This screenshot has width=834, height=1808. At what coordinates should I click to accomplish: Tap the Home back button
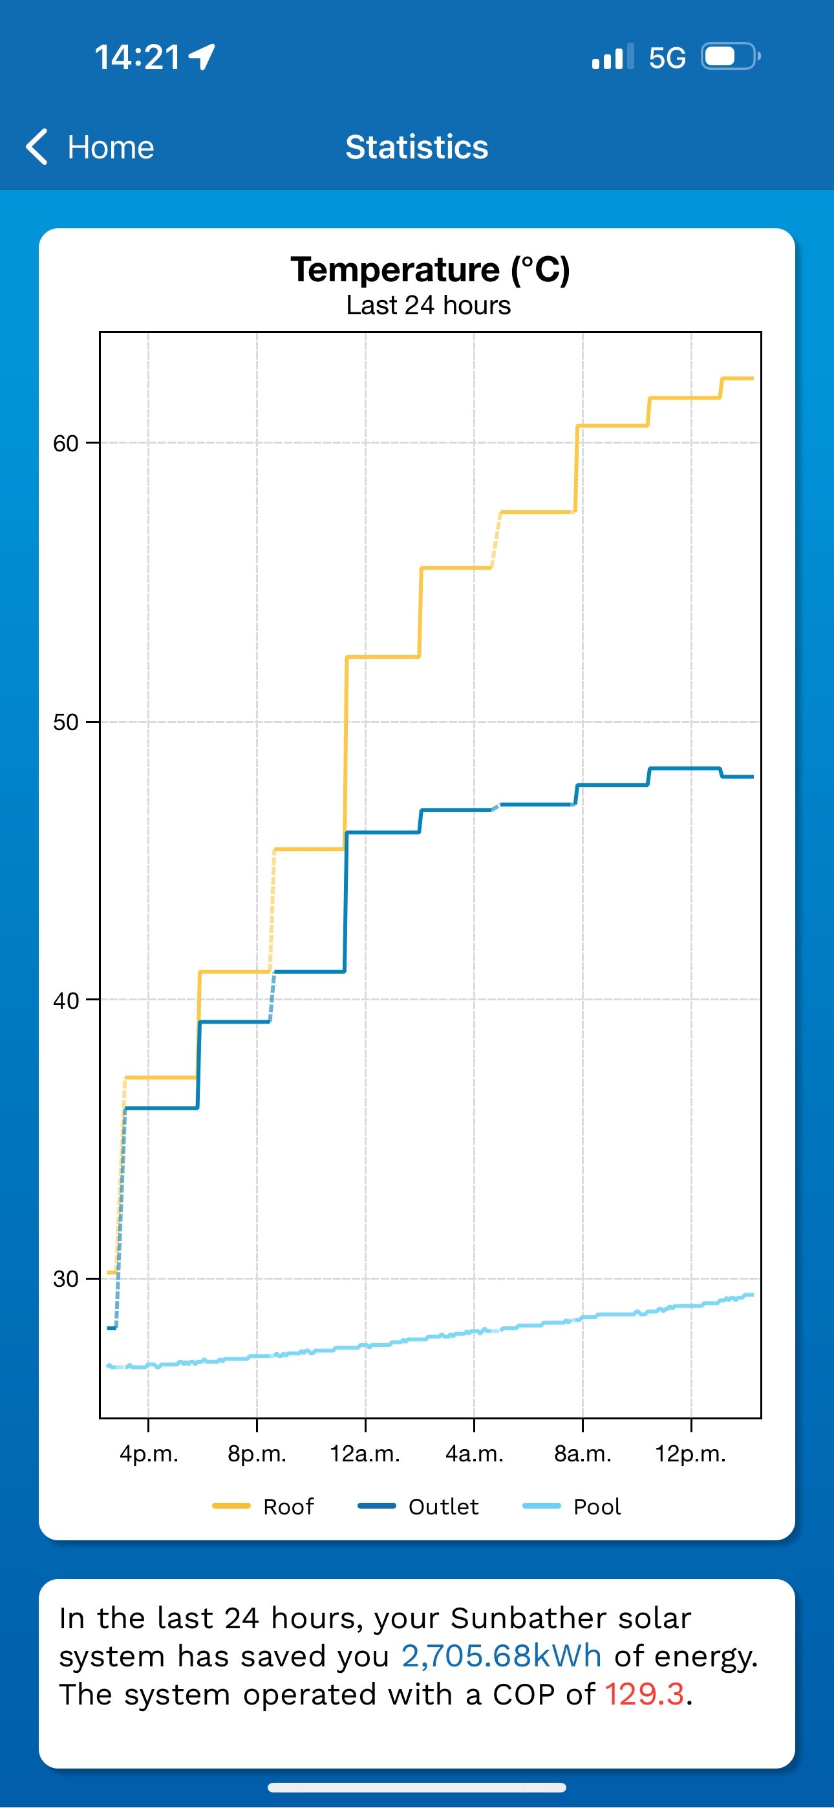(90, 147)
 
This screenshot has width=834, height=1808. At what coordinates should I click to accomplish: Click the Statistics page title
(416, 147)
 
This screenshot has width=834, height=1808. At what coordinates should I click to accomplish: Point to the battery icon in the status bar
(730, 57)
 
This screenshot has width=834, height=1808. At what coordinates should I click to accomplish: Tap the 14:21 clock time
(138, 58)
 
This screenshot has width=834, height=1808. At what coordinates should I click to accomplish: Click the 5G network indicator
(666, 58)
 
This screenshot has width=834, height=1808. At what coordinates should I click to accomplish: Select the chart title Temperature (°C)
(430, 270)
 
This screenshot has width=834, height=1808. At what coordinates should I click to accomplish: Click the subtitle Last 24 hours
(428, 306)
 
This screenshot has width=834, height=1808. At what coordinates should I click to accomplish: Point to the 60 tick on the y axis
(66, 444)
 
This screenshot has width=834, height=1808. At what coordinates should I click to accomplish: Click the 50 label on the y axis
(66, 722)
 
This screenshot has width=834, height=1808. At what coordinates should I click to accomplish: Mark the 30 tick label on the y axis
(66, 1279)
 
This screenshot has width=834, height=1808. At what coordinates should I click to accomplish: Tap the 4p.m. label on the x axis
(149, 1454)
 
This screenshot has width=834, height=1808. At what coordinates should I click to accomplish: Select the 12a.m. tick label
(365, 1454)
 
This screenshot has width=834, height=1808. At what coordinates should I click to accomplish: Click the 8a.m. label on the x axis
(583, 1454)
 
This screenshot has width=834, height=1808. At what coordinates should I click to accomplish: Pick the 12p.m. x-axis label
(690, 1454)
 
